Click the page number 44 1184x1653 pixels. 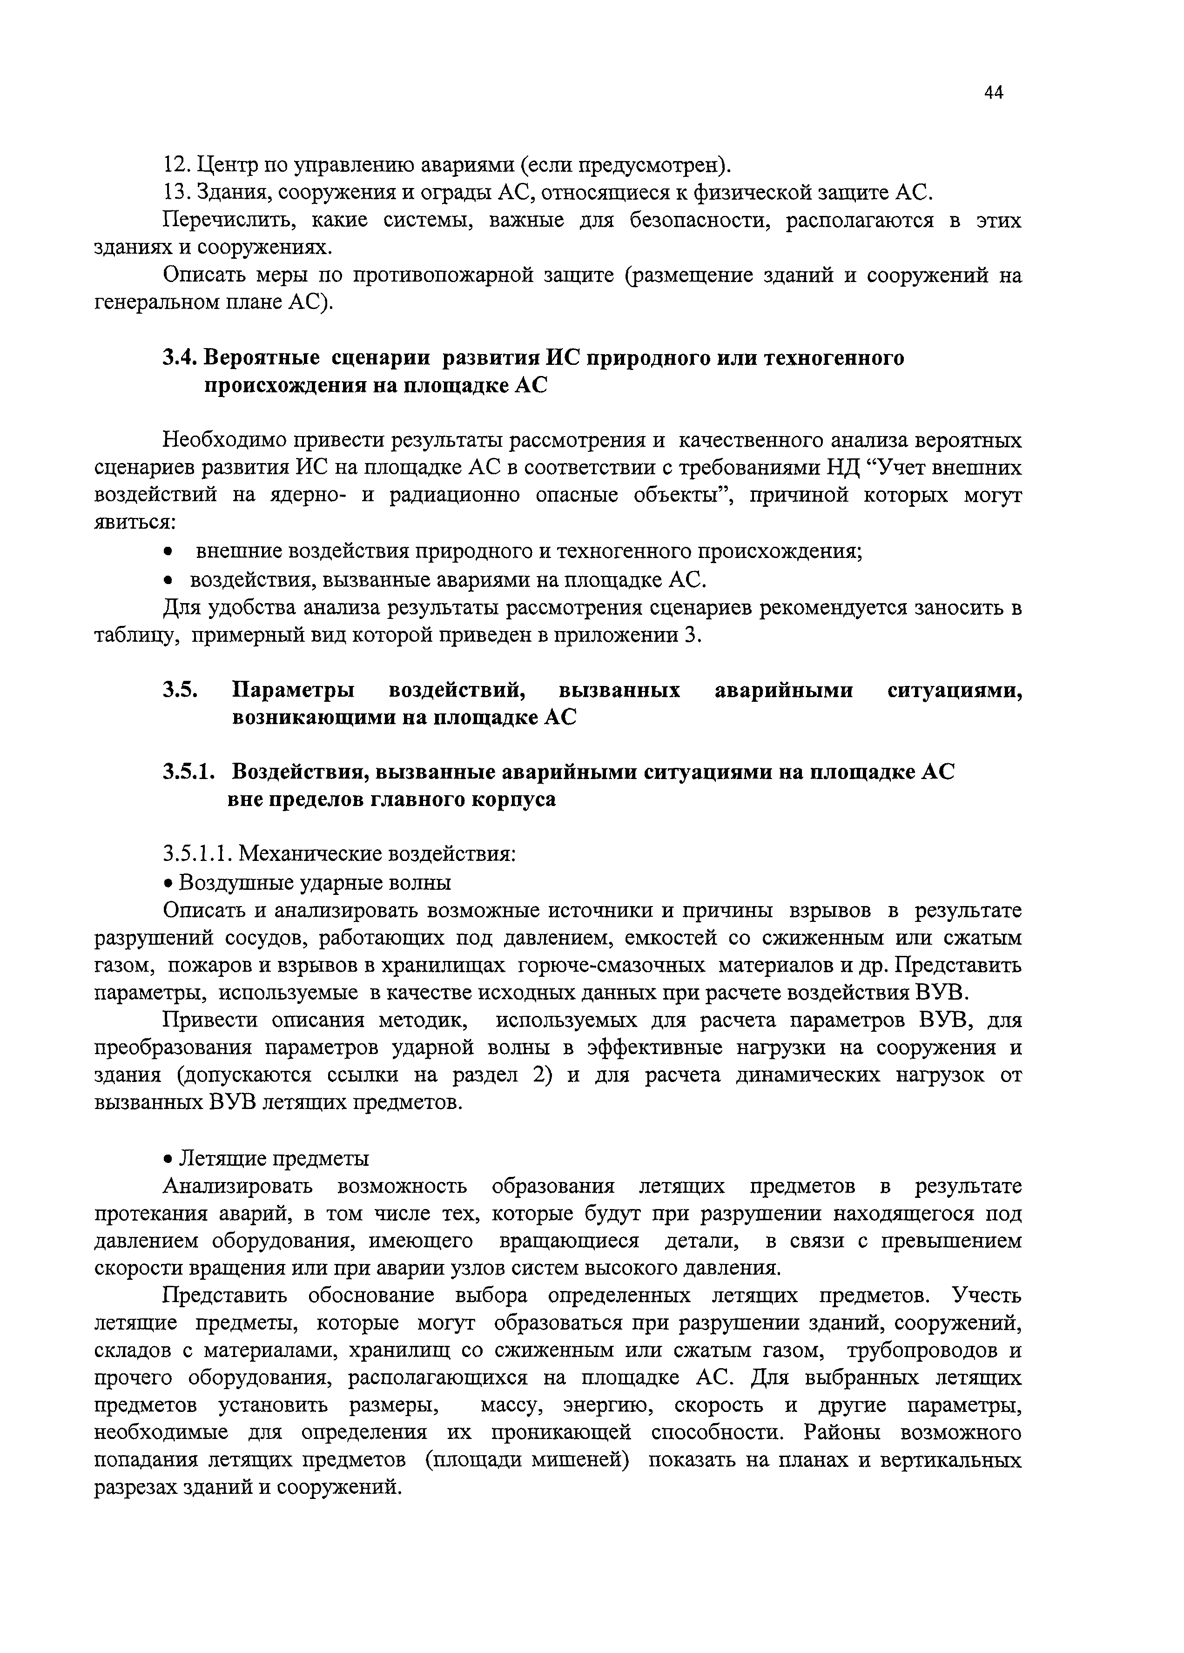[x=994, y=93]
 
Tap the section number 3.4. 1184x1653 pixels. [x=179, y=358]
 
